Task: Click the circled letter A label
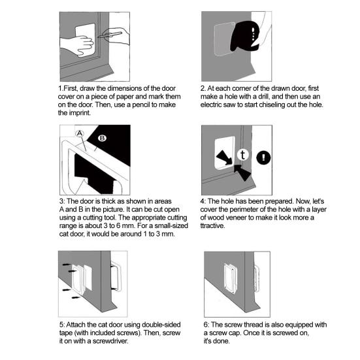point(80,133)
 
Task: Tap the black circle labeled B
point(102,139)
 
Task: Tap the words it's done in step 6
point(216,340)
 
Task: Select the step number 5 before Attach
point(60,324)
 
